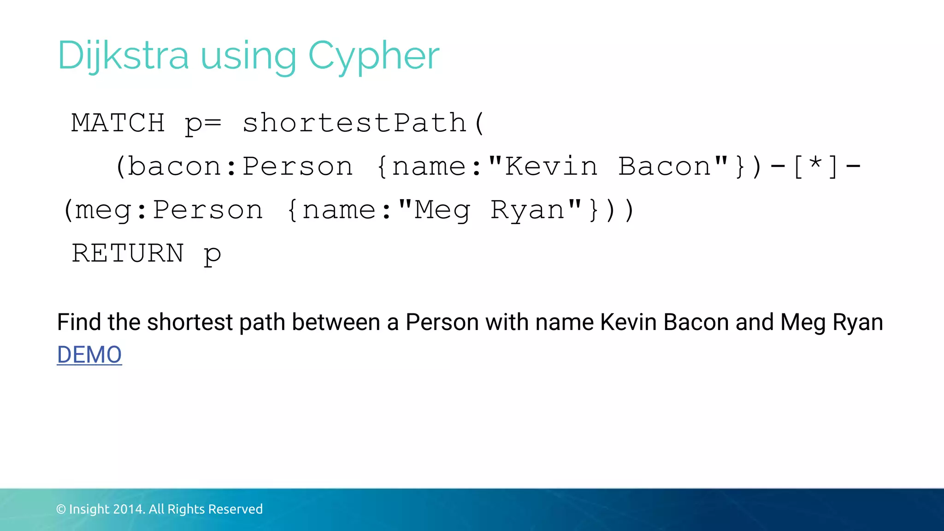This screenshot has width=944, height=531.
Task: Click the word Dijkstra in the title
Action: [x=123, y=56]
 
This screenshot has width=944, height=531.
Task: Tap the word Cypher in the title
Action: [x=373, y=56]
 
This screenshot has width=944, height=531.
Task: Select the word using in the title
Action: [x=248, y=56]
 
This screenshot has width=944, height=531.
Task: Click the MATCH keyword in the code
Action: [x=118, y=123]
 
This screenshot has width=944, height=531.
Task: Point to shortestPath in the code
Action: [x=354, y=123]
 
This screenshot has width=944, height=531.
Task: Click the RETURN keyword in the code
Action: [x=128, y=253]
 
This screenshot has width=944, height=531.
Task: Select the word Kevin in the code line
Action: [x=551, y=166]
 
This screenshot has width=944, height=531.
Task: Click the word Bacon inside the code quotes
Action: [x=665, y=166]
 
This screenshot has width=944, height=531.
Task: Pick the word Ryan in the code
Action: [x=527, y=210]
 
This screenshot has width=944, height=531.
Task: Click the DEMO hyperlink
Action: [x=89, y=355]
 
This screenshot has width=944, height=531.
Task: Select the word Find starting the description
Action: [x=79, y=322]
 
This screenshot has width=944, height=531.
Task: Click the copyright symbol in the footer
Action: [x=61, y=509]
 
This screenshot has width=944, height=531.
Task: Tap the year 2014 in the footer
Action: [x=129, y=509]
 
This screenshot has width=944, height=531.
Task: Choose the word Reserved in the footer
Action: [x=236, y=509]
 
